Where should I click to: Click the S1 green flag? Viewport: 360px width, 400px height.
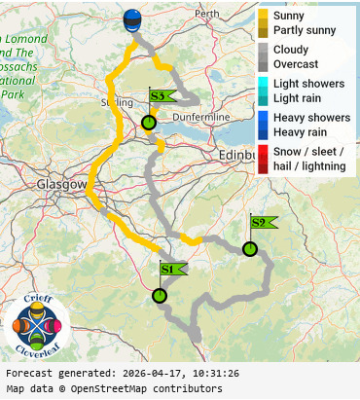[169, 269]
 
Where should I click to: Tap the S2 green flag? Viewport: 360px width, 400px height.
[261, 223]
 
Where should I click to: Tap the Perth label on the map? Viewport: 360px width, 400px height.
[207, 15]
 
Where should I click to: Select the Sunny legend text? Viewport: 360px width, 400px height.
[289, 17]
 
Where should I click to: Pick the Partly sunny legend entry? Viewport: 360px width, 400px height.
[305, 30]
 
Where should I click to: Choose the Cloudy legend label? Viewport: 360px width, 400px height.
[291, 50]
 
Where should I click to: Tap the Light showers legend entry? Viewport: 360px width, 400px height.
[308, 84]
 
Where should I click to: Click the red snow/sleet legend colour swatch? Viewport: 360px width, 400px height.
[263, 159]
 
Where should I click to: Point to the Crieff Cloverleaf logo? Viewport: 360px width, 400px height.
[37, 325]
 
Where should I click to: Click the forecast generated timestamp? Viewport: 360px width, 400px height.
[122, 373]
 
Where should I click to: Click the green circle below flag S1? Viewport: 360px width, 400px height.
[160, 296]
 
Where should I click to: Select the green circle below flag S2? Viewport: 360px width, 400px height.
[250, 249]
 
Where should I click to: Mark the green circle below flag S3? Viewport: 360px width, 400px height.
[148, 123]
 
